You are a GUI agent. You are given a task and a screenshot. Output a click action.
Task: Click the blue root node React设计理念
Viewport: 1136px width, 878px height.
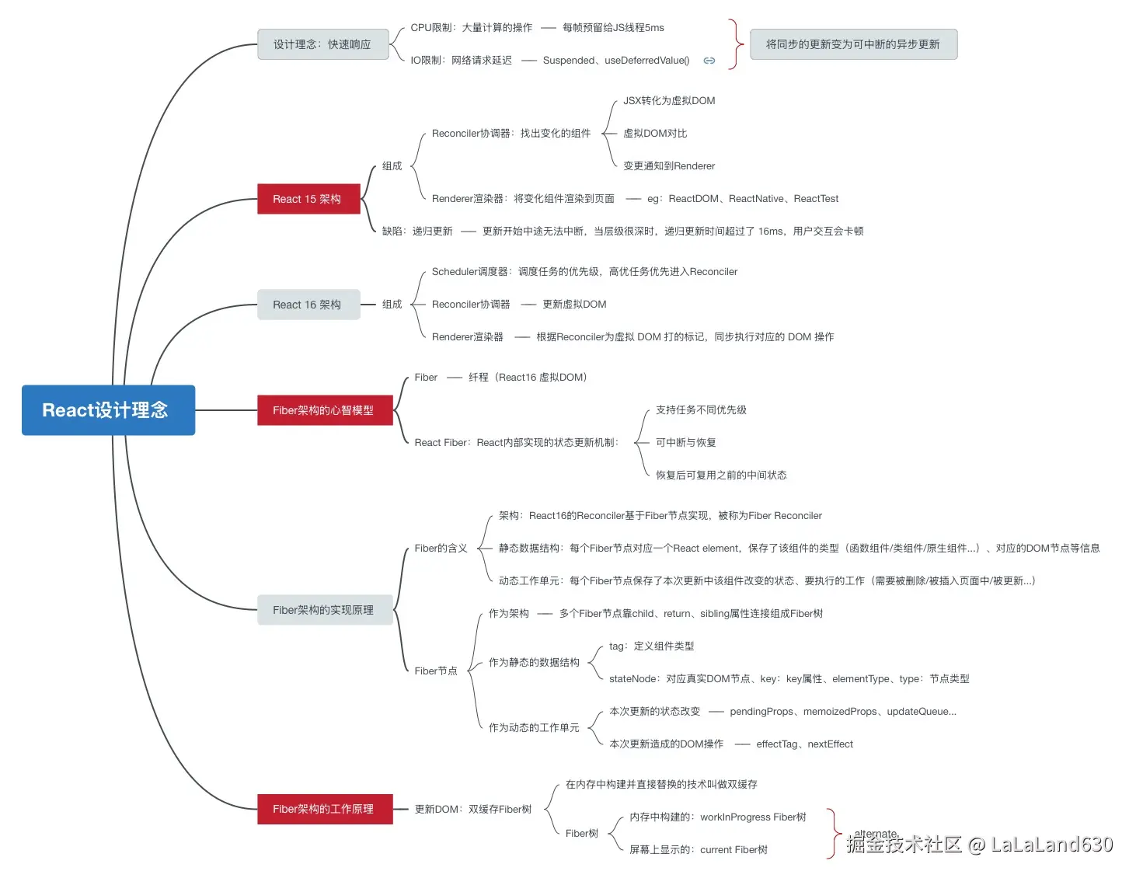[108, 410]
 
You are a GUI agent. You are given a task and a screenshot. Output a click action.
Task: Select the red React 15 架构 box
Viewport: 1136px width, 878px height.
[308, 199]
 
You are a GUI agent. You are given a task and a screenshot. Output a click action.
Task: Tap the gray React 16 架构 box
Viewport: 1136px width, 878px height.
[308, 305]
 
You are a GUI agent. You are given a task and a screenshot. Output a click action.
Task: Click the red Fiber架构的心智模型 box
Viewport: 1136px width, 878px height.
[324, 410]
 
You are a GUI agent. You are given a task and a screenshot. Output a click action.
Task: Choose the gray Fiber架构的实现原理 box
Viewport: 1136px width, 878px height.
[324, 610]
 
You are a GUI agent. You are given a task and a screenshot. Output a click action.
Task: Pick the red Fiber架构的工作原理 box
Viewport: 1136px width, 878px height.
[324, 809]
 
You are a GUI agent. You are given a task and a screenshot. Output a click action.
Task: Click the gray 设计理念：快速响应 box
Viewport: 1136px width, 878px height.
[322, 44]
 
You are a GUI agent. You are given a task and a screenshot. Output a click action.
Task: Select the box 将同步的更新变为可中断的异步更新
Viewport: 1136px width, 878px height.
[852, 44]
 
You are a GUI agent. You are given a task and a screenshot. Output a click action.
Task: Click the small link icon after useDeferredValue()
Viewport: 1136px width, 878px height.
[709, 61]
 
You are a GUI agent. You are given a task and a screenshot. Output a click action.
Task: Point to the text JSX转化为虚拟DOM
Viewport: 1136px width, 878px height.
[668, 101]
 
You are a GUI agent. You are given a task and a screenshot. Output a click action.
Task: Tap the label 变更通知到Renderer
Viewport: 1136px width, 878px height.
[668, 166]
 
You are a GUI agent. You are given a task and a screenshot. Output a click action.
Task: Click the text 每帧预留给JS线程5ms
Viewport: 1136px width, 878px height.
[613, 28]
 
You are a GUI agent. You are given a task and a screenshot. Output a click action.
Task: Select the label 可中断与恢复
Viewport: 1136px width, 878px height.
[685, 443]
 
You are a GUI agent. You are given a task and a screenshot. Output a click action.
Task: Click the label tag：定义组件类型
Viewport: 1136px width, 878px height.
[651, 646]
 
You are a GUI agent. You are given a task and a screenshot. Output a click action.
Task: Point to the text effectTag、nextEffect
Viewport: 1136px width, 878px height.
[804, 744]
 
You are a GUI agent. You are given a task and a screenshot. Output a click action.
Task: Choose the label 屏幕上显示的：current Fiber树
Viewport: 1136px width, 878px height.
[698, 850]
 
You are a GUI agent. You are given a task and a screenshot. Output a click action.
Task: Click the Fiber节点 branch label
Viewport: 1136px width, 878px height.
[436, 671]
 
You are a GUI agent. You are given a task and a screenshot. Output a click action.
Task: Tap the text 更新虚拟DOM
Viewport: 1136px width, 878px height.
[574, 305]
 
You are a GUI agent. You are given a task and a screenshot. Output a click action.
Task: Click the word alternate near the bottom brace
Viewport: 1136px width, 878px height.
[875, 834]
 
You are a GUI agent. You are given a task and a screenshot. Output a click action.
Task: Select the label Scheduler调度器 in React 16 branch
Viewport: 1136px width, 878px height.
[470, 272]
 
